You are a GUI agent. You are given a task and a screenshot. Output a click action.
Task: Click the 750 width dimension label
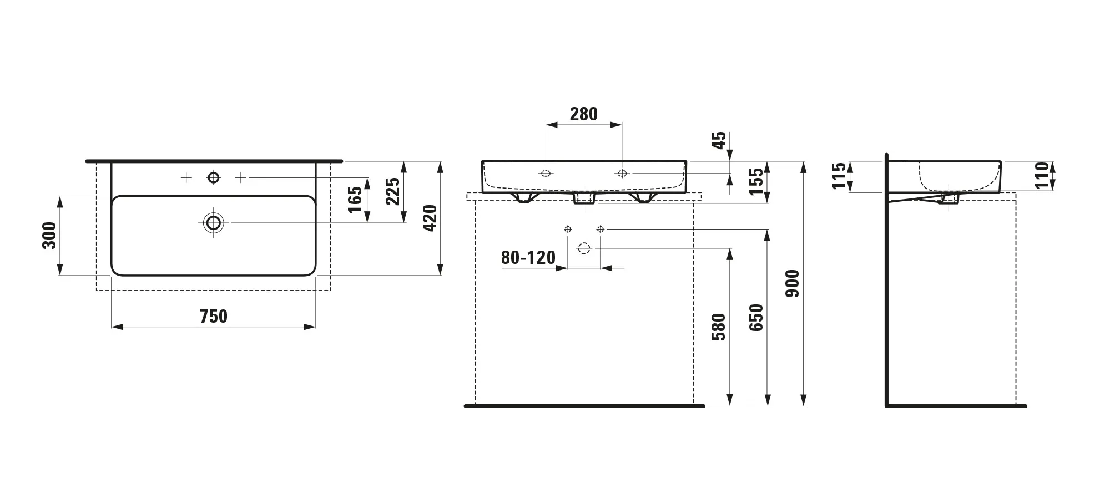tap(214, 316)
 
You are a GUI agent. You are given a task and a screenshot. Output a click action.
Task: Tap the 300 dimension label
tap(49, 235)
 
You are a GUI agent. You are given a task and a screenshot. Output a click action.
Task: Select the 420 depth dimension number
tap(430, 218)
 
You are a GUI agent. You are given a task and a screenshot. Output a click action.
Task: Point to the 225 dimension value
tap(393, 191)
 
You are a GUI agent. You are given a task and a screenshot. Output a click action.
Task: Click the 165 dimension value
tap(355, 200)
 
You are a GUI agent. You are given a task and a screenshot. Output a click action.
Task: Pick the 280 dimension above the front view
tap(584, 114)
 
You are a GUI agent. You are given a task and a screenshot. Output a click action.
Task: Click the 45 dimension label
tap(719, 140)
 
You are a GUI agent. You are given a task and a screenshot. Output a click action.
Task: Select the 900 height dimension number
tap(793, 283)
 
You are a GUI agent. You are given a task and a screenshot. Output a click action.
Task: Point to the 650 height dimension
tap(756, 318)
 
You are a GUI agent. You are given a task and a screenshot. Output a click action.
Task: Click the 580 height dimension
tap(719, 327)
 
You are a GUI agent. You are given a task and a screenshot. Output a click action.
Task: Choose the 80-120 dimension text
tap(528, 258)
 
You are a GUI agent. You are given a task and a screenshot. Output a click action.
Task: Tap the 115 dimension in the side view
tap(839, 175)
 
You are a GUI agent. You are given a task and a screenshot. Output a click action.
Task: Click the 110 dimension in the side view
tap(1042, 175)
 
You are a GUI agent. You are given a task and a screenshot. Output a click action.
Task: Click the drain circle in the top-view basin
tap(213, 223)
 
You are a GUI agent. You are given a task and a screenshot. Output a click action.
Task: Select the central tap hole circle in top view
tap(214, 177)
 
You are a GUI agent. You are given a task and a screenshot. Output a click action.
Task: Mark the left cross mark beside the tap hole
tap(186, 177)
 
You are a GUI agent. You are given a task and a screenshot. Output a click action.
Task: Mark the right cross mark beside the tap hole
tap(240, 177)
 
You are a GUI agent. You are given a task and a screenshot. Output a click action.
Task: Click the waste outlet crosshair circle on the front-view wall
tap(584, 248)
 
